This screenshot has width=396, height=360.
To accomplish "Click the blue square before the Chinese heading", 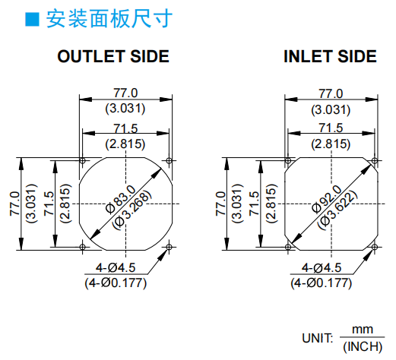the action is (32, 19).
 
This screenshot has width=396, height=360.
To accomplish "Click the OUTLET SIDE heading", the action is (113, 56).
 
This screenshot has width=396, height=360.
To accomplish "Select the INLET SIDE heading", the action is (330, 56).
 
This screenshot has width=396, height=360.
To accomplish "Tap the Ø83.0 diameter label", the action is (121, 199).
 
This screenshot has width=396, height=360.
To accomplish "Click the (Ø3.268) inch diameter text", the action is (132, 210).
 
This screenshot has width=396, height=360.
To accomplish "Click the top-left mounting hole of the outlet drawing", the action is (82, 160).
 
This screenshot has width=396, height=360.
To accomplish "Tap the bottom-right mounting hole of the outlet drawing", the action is (169, 247).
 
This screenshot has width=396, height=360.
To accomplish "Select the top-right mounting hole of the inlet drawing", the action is (375, 160).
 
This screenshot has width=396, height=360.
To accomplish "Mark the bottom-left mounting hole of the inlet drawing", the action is (288, 247).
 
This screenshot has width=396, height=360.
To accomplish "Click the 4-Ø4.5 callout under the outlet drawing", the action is (116, 267).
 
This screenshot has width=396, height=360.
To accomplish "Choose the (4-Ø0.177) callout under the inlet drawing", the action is (322, 283).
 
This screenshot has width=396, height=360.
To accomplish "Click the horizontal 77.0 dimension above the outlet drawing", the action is (125, 93).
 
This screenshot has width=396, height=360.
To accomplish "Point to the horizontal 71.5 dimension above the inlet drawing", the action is (331, 128).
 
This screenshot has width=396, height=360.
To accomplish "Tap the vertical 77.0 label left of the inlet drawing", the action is (220, 204).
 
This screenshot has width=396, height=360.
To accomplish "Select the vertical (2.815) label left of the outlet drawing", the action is (66, 204).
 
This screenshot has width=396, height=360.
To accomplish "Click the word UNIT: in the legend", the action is (318, 338).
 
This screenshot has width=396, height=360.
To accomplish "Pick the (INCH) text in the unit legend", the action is (363, 346).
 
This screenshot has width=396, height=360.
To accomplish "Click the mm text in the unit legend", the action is (363, 330).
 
